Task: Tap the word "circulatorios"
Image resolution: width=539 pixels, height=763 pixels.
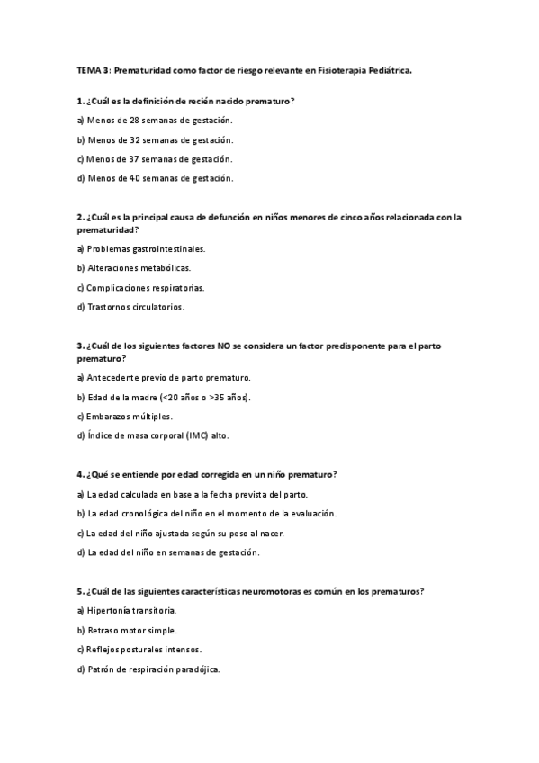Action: pos(158,307)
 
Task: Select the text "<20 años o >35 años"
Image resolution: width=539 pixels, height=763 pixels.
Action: pos(204,397)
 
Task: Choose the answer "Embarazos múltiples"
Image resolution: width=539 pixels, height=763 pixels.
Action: pos(130,417)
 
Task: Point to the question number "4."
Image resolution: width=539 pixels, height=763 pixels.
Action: pos(81,474)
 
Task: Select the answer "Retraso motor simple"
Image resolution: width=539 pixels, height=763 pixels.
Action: pos(131,630)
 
